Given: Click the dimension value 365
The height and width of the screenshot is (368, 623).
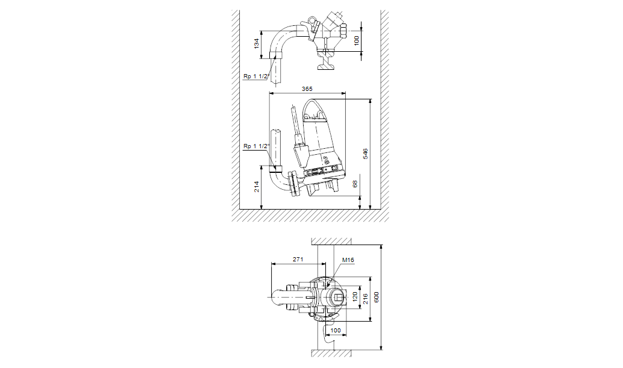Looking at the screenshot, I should (307, 89).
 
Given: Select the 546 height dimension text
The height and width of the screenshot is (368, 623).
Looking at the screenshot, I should (366, 154).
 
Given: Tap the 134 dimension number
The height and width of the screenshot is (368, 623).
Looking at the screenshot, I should (256, 44).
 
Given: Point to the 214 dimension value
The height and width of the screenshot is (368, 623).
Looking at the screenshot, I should (256, 187).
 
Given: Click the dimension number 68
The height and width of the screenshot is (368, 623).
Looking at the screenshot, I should (355, 183).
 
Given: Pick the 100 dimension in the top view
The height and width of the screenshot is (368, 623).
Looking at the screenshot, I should (357, 40).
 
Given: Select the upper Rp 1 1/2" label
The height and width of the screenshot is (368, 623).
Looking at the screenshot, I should (255, 76).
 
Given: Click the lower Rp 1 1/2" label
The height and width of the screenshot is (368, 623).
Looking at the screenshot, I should (255, 146).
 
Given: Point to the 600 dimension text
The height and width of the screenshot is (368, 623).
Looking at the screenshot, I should (377, 298).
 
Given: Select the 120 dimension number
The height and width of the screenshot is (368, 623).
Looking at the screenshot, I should (355, 298).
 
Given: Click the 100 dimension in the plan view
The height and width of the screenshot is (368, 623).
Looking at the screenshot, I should (336, 330).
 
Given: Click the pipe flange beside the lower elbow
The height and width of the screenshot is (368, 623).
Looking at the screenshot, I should (292, 183).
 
